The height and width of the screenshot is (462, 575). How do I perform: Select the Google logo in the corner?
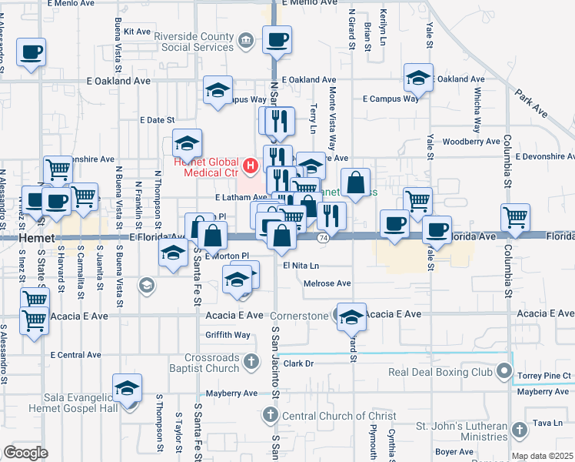pyautogui.click(x=25, y=453)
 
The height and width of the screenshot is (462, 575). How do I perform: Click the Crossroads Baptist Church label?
pyautogui.click(x=212, y=363)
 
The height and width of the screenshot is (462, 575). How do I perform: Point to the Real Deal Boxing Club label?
pyautogui.click(x=440, y=372)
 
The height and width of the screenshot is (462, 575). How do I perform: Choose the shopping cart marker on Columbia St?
pyautogui.click(x=515, y=217)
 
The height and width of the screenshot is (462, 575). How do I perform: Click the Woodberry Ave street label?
pyautogui.click(x=472, y=142)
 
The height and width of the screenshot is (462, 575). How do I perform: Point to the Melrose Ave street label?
pyautogui.click(x=327, y=283)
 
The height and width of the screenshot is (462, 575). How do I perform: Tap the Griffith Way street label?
pyautogui.click(x=228, y=335)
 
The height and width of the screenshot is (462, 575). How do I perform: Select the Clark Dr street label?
pyautogui.click(x=300, y=363)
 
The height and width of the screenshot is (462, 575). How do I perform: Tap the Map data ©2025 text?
pyautogui.click(x=543, y=456)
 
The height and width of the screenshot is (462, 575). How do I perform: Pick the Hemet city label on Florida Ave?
pyautogui.click(x=35, y=239)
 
